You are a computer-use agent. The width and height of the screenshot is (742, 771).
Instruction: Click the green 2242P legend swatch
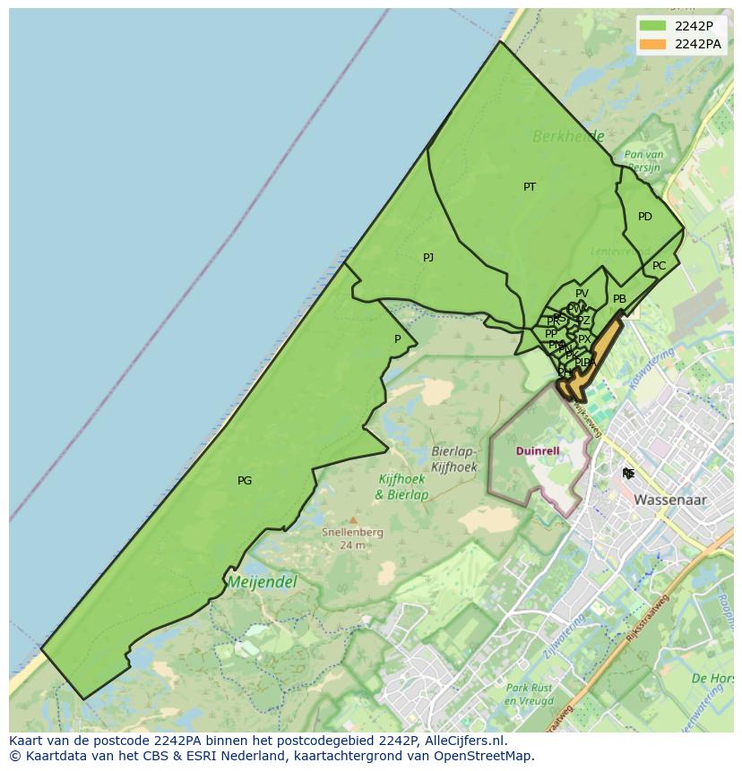pyautogui.click(x=653, y=26)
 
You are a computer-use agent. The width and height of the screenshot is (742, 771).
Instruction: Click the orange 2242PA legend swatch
pyautogui.click(x=653, y=44)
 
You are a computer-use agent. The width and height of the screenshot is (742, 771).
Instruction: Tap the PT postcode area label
pyautogui.click(x=530, y=187)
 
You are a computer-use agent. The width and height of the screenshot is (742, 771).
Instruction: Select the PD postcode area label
pyautogui.click(x=645, y=217)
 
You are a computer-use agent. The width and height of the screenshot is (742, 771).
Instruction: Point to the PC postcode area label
pyautogui.click(x=660, y=266)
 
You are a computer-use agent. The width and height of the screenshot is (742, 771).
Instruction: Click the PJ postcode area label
pyautogui.click(x=428, y=258)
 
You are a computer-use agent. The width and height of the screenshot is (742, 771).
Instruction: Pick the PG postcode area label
pyautogui.click(x=245, y=481)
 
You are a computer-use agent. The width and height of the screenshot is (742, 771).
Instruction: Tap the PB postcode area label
pyautogui.click(x=619, y=299)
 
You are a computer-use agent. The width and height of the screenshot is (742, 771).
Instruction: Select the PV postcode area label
pyautogui.click(x=582, y=294)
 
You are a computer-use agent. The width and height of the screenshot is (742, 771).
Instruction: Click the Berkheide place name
pyautogui.click(x=568, y=137)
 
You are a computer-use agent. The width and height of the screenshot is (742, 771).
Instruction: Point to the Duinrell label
pyautogui.click(x=538, y=451)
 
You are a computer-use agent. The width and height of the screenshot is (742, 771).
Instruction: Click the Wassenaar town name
pyautogui.click(x=670, y=500)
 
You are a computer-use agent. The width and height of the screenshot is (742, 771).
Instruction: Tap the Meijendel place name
pyautogui.click(x=263, y=582)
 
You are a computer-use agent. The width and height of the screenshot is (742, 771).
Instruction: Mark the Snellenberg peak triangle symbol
pyautogui.click(x=353, y=519)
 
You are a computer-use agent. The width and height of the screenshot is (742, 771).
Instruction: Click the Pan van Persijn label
pyautogui.click(x=643, y=161)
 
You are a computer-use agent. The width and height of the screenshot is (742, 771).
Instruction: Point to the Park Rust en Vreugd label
pyautogui.click(x=528, y=695)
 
